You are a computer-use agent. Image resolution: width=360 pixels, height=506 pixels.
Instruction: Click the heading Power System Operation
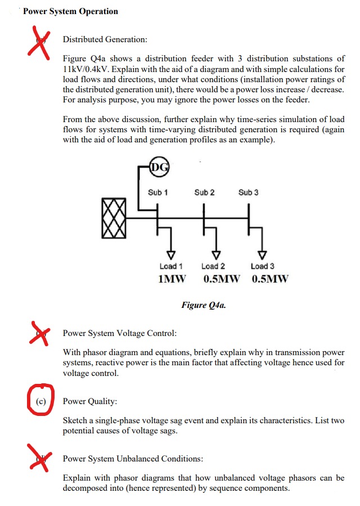(70, 11)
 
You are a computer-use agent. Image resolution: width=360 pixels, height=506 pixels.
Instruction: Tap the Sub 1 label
(158, 192)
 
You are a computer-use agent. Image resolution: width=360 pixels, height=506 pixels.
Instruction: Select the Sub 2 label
(204, 192)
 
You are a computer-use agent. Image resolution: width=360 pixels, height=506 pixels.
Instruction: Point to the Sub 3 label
(249, 192)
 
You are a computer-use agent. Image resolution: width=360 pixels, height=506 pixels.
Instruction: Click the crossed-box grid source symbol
(114, 217)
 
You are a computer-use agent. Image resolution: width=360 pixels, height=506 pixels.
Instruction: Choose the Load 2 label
(213, 266)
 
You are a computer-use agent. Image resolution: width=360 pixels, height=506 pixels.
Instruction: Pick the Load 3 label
(262, 266)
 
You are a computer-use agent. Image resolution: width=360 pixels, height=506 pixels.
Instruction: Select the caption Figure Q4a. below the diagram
(204, 305)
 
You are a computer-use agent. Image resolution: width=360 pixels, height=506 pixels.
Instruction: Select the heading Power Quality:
(90, 402)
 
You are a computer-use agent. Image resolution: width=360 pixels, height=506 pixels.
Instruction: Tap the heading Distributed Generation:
(105, 39)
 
